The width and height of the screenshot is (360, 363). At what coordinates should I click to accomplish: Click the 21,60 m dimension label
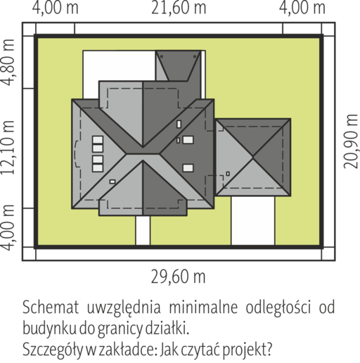179,8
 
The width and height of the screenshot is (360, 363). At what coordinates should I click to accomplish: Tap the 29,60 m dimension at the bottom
178,276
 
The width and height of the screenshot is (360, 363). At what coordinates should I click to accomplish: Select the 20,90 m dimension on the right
351,141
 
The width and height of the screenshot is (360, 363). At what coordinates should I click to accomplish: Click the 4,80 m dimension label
8,63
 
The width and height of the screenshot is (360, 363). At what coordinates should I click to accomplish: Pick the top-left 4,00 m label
56,8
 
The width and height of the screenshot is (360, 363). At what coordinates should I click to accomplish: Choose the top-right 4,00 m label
302,8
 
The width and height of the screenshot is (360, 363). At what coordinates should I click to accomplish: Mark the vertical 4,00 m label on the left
8,227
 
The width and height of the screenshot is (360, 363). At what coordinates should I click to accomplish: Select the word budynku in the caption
49,329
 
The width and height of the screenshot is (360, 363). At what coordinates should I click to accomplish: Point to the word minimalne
203,307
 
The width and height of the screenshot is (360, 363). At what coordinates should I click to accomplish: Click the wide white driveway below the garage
253,220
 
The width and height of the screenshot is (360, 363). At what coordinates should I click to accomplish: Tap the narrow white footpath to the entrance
143,230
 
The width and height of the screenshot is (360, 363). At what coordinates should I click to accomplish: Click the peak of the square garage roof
253,157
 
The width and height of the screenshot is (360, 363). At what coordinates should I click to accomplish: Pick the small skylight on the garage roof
228,174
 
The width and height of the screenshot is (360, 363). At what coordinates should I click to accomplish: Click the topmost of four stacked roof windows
98,140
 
